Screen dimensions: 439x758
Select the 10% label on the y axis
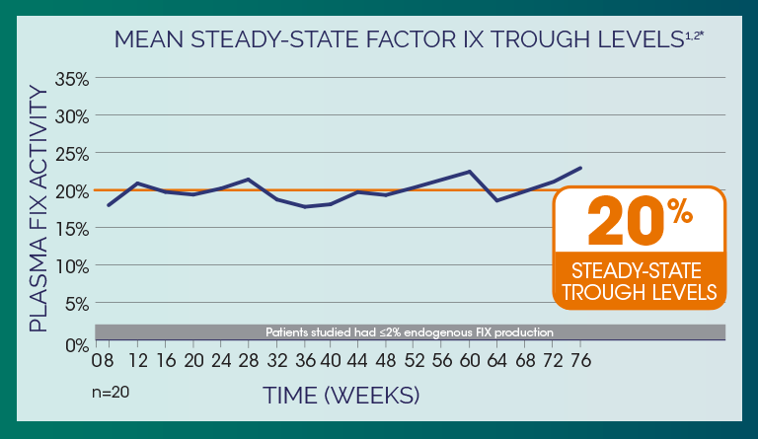(71, 266)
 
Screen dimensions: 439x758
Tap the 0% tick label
(76, 344)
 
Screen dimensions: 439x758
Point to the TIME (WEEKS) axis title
(341, 395)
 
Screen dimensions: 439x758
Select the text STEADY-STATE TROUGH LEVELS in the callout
(638, 280)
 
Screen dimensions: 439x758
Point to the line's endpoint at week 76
(580, 168)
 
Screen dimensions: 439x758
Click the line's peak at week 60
(470, 172)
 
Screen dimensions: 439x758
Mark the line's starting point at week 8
(109, 205)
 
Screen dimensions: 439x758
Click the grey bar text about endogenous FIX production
(410, 331)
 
